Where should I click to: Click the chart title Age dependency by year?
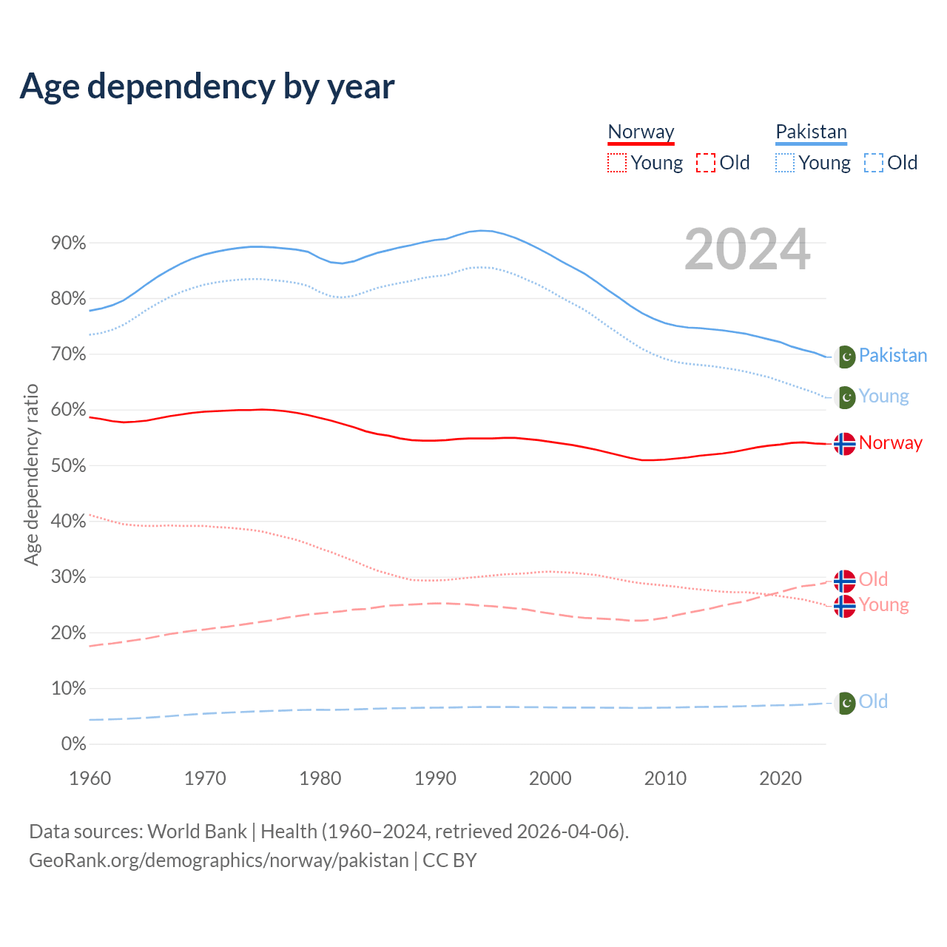(207, 86)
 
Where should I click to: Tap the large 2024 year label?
(747, 249)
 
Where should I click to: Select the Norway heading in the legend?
(641, 132)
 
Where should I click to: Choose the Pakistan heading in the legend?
(811, 132)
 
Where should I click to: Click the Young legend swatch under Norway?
(617, 163)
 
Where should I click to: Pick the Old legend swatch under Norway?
(706, 163)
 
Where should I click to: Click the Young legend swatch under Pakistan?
(785, 163)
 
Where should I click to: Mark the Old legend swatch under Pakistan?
(874, 163)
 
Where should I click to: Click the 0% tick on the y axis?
(73, 744)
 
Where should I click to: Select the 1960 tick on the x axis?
(90, 778)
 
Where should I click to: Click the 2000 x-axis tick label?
(550, 778)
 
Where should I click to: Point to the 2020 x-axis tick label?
(781, 778)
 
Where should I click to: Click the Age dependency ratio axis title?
(31, 474)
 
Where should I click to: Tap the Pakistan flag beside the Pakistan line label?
(845, 357)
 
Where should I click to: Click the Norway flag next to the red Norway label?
(845, 443)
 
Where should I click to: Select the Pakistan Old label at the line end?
(873, 701)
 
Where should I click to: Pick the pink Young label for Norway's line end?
(883, 605)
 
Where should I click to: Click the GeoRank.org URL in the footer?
(219, 860)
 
